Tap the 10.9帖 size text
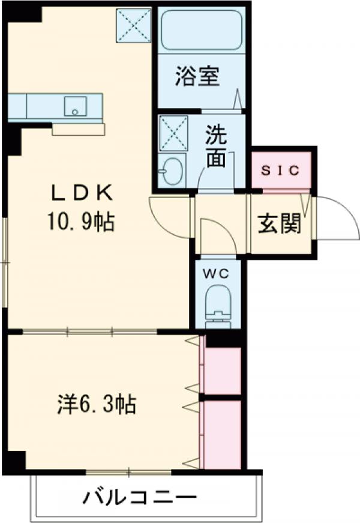click(x=81, y=223)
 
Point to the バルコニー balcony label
click(x=140, y=498)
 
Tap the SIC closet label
click(x=280, y=170)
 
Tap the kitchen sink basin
click(x=75, y=106)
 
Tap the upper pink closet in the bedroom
click(x=222, y=369)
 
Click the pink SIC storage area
click(x=280, y=170)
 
